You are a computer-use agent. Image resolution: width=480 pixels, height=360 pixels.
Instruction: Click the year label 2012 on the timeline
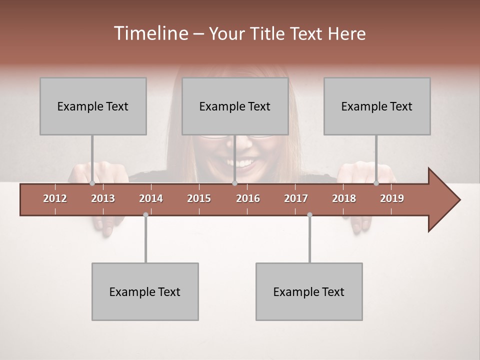pos(55,198)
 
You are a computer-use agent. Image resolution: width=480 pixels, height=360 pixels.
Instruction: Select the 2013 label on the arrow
pos(103,198)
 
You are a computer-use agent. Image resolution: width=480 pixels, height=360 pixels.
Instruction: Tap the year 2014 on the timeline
pos(151,198)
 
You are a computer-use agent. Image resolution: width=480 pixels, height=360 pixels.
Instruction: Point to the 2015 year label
pos(199,198)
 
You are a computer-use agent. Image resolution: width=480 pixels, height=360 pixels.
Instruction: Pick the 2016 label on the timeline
pos(248,198)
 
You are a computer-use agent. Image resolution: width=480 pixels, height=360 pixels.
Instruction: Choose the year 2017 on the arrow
pos(296,198)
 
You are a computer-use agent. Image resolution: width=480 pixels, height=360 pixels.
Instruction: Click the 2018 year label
pos(344,198)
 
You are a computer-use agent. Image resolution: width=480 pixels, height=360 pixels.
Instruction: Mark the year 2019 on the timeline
pos(392,198)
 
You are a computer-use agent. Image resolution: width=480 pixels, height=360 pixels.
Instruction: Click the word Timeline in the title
pos(150,33)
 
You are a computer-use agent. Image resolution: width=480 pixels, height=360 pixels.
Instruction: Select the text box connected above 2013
pos(93,106)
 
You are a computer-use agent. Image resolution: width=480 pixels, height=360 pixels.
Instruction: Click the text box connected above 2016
pos(235,106)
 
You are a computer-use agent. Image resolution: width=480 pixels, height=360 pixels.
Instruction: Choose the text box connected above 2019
pos(377,106)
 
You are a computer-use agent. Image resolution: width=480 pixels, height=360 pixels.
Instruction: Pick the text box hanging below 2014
pos(145,291)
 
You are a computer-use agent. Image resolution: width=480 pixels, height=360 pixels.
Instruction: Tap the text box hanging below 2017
pos(309,291)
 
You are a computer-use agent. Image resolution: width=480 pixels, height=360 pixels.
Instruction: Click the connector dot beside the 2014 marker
pos(145,214)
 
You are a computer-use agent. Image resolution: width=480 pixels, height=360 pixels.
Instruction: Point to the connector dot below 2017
pos(309,214)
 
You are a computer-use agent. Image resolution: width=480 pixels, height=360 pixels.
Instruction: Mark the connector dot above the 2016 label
pos(234,183)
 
